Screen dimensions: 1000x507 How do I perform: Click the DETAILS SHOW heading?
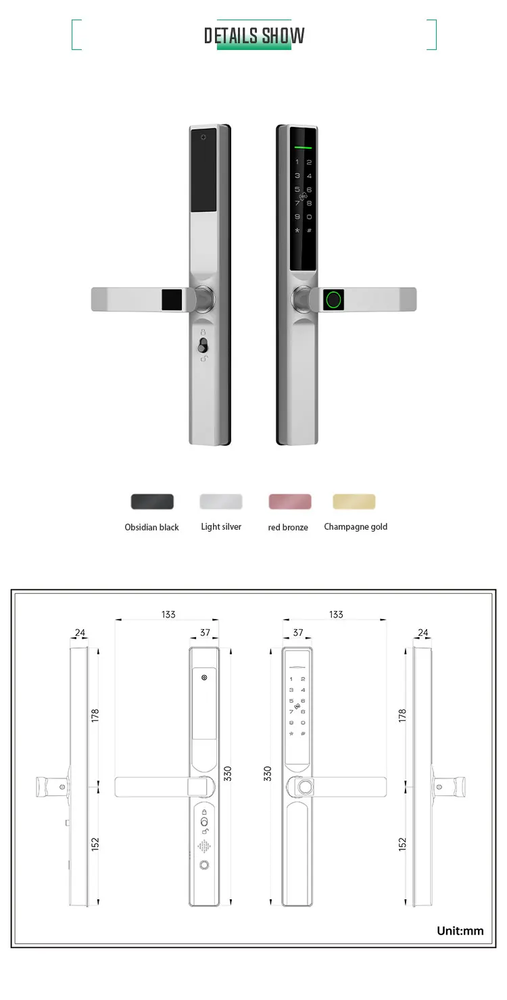click(254, 36)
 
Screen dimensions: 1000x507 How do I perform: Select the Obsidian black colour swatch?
click(152, 501)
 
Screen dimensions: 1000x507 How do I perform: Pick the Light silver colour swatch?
click(221, 501)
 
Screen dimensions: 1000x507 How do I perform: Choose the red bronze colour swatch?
click(290, 501)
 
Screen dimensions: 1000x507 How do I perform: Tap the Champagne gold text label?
click(356, 527)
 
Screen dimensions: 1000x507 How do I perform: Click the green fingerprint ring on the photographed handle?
click(333, 299)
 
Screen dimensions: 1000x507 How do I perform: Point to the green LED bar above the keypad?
click(303, 147)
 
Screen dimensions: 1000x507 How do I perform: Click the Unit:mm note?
click(460, 930)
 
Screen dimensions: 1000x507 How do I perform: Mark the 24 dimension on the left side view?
click(80, 633)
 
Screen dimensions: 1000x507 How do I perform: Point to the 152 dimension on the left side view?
click(95, 844)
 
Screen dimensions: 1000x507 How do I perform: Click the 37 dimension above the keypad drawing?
click(298, 633)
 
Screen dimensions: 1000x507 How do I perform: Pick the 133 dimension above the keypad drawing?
click(336, 614)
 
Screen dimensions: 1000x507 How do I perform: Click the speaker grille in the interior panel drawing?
click(203, 846)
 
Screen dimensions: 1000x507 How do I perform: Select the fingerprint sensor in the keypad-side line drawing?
click(306, 788)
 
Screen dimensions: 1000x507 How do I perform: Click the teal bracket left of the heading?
click(76, 35)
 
